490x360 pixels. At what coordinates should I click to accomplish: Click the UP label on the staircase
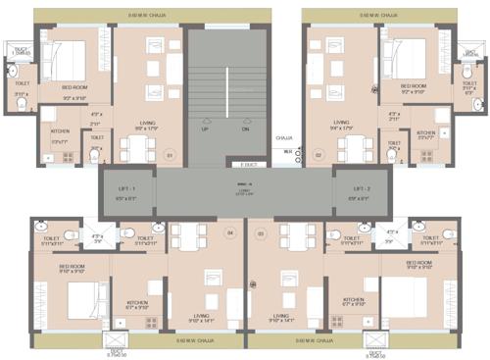coord(204,129)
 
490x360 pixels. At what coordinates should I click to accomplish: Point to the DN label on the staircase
coord(245,129)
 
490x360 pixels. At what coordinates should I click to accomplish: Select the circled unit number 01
coord(169,154)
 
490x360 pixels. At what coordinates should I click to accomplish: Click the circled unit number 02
coord(318,154)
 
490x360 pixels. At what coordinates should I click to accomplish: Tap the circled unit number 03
coord(261,232)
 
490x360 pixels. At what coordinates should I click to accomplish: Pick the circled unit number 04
coord(230,232)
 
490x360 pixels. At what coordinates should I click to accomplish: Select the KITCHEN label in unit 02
coord(426,134)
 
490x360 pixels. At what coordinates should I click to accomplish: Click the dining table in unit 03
coord(291,238)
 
